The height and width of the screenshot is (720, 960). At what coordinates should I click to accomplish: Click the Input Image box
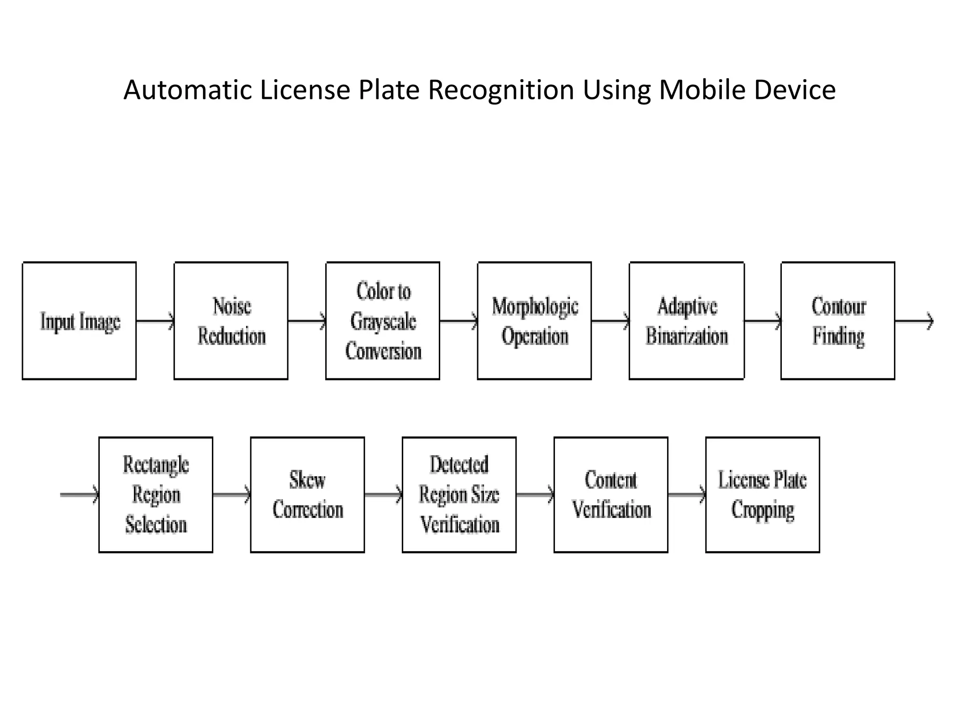pos(79,321)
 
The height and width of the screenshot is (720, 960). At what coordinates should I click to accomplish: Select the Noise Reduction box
pos(231,321)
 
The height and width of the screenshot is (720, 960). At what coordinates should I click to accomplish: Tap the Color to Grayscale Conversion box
pos(382,321)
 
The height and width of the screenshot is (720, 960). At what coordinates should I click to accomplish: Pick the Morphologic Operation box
pos(534,321)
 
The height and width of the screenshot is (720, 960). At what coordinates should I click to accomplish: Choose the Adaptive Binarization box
pos(686,321)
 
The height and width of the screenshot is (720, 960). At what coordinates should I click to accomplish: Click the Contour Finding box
pos(838,321)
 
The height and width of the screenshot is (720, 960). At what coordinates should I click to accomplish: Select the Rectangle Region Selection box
pos(156,495)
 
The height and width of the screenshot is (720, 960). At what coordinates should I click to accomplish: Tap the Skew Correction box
pos(307,495)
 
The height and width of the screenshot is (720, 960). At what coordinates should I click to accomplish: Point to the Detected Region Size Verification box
pos(459,495)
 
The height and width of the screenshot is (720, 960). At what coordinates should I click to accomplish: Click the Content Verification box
pos(611,495)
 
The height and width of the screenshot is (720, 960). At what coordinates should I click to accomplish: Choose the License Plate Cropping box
pos(763,495)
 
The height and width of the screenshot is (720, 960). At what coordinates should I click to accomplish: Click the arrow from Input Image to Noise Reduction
pos(155,321)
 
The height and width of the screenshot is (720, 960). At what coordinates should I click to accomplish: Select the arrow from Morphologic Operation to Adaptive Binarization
pos(610,321)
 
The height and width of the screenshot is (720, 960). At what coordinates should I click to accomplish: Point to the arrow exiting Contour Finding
pos(914,321)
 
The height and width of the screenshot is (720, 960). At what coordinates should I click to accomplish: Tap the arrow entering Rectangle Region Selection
pos(79,495)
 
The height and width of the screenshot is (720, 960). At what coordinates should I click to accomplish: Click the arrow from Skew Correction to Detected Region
pos(383,495)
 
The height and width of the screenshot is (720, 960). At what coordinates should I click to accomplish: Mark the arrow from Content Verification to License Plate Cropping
pos(687,495)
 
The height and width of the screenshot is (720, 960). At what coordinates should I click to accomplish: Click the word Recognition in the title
pos(501,90)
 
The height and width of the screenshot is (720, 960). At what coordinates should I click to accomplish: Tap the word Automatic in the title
pos(187,90)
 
